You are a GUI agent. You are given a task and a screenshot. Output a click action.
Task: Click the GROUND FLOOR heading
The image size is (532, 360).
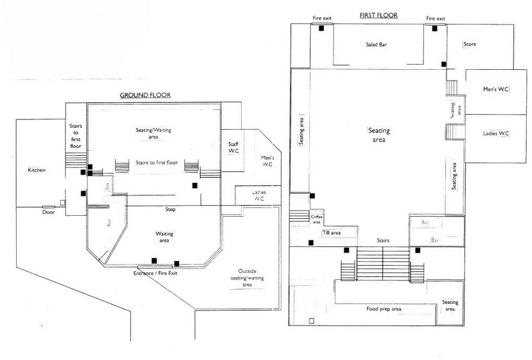145,95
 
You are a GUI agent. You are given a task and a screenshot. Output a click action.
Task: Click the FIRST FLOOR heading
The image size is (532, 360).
378,15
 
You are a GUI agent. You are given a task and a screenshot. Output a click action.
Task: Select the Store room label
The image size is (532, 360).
470,44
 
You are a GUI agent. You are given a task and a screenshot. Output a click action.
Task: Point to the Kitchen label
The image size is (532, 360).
37,170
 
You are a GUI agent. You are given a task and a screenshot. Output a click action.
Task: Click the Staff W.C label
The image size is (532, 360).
234,147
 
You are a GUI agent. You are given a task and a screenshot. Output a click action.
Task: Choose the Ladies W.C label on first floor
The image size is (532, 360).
496,133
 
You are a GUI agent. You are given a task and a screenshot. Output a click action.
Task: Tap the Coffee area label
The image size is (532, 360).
316,218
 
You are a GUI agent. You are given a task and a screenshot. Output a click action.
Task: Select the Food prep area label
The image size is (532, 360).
383,309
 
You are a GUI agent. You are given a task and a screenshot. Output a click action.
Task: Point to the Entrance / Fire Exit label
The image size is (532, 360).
155,273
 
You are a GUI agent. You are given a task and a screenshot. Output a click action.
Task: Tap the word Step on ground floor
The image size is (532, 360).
170,209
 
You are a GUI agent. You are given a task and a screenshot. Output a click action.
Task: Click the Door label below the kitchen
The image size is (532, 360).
48,212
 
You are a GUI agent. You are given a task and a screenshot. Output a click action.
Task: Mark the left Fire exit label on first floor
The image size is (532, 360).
322,18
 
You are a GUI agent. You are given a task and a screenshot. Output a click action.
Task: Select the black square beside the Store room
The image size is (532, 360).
444,64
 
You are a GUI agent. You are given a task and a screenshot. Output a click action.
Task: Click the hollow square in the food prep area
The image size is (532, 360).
311,321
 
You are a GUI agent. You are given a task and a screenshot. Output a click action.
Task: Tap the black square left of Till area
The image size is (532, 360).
310,243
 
